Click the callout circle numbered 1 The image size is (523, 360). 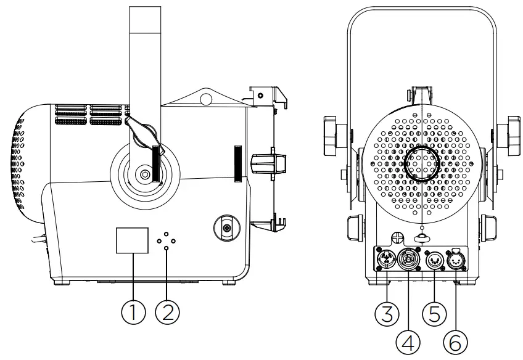[x=133, y=312]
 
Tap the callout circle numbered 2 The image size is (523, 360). [x=167, y=312]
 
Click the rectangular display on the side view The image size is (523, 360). [x=133, y=240]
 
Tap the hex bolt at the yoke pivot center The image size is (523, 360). [x=144, y=174]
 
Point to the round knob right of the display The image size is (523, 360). [x=226, y=228]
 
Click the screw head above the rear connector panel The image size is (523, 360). [x=398, y=235]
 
